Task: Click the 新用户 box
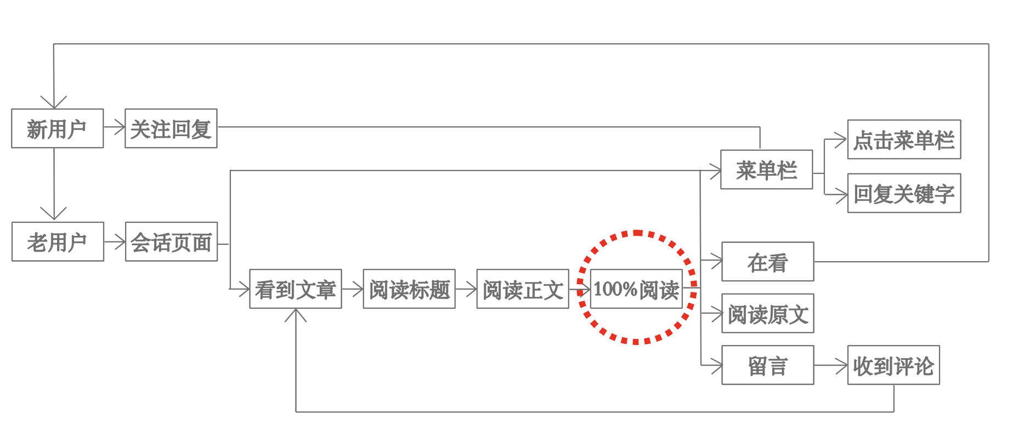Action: [57, 128]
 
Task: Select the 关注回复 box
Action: [171, 128]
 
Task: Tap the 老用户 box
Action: [58, 241]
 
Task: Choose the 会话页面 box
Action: [171, 241]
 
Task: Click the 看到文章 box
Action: [295, 289]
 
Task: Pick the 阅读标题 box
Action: [409, 289]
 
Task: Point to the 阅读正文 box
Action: [522, 289]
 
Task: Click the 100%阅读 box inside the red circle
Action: [636, 289]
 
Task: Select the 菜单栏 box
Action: [766, 170]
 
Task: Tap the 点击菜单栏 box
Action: [903, 139]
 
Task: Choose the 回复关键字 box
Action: [903, 193]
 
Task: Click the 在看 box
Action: [767, 262]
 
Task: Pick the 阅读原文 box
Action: [767, 313]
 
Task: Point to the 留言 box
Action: [767, 365]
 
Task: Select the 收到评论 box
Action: [893, 365]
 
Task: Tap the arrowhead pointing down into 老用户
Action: [54, 214]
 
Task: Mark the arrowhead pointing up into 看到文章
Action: [296, 314]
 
